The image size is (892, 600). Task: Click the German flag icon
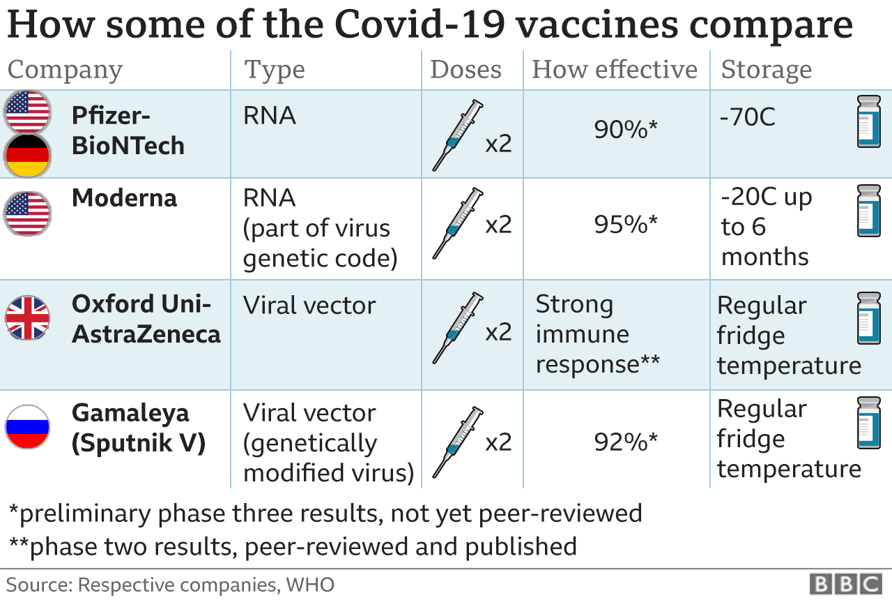[x=28, y=155]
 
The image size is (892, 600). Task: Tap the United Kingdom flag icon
[x=28, y=318]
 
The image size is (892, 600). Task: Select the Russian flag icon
[x=28, y=426]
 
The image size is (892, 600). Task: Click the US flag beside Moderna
[x=28, y=211]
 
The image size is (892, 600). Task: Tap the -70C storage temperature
[x=748, y=117]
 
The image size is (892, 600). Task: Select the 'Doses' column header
[x=466, y=70]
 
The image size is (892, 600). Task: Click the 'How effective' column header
[x=615, y=70]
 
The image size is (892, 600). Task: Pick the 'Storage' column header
[x=766, y=70]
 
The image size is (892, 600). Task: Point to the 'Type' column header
[x=275, y=70]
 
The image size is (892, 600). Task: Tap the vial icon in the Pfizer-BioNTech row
[x=868, y=121]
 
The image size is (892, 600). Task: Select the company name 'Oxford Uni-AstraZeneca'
[x=146, y=319]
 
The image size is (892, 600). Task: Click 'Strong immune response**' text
[x=597, y=334]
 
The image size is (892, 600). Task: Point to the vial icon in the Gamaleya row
[x=868, y=422]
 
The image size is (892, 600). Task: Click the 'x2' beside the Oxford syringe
[x=499, y=332]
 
